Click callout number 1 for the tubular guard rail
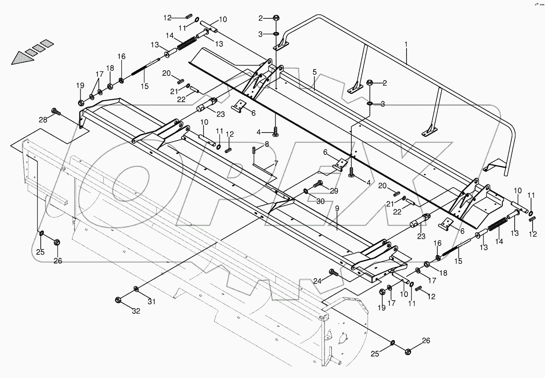pos(406,45)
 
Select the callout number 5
pos(314,72)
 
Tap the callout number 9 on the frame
pos(337,208)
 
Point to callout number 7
pos(275,164)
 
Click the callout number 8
pos(267,143)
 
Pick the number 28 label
pos(43,120)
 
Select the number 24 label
pos(317,281)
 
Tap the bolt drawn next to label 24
pos(333,273)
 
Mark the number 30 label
pos(320,202)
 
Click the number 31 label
pos(152,302)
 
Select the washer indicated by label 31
pos(136,288)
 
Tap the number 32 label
pos(136,311)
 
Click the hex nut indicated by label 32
pos(118,300)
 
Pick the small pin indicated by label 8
pos(254,150)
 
